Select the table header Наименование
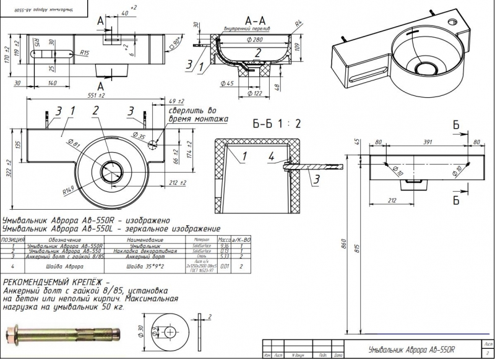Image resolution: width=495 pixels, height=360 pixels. point(145,239)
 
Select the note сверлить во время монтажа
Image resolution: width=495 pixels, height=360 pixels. point(198,114)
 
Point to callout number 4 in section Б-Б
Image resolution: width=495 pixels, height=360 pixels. point(270,156)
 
